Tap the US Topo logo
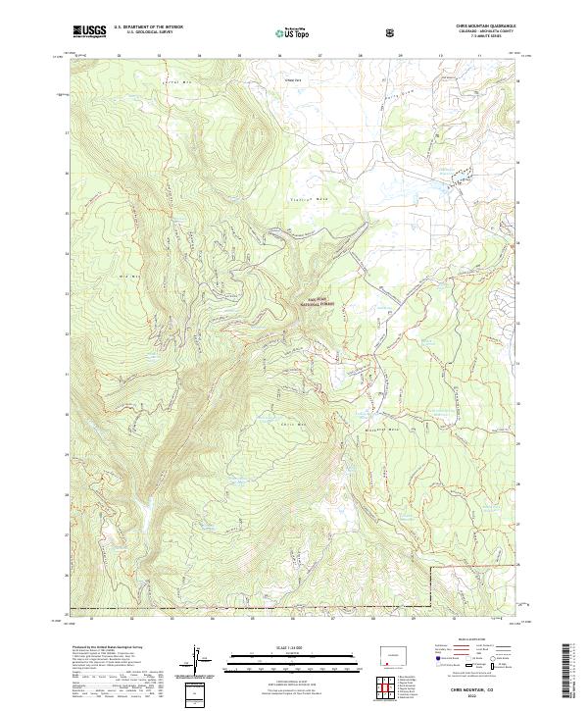[x=294, y=32]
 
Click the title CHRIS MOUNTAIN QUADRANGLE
[x=477, y=25]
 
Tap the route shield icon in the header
[x=393, y=31]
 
